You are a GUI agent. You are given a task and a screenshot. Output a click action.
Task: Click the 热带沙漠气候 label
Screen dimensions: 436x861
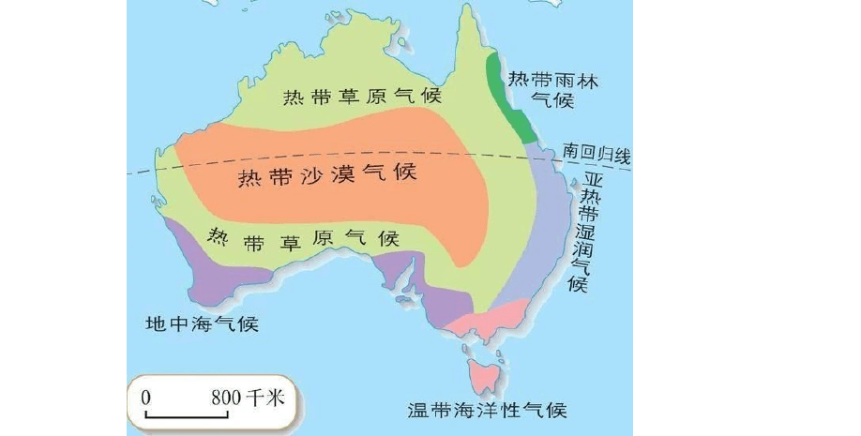tap(326, 175)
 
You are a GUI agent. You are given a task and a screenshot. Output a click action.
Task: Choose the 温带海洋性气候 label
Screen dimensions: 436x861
tap(487, 411)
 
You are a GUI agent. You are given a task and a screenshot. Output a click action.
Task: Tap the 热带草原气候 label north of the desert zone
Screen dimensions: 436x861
tap(364, 96)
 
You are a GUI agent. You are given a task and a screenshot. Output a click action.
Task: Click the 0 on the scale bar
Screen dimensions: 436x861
tap(146, 397)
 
